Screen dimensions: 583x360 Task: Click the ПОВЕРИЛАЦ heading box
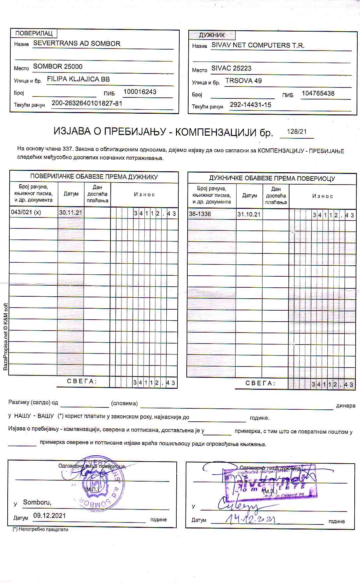34,33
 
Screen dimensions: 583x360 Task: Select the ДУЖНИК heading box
212,35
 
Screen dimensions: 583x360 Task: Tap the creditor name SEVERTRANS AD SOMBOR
77,44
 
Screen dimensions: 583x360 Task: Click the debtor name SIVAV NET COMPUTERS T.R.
258,45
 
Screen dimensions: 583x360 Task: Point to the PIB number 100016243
140,92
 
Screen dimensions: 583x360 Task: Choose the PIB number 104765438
318,93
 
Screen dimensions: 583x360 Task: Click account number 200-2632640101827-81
87,103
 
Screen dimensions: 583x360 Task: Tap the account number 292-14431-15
251,105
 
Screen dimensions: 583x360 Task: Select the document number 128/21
297,131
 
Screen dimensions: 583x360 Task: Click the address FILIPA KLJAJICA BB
79,79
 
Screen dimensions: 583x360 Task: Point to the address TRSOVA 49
244,81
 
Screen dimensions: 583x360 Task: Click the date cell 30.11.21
71,213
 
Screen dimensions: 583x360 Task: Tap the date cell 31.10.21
249,214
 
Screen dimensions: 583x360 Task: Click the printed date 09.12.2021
50,515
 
